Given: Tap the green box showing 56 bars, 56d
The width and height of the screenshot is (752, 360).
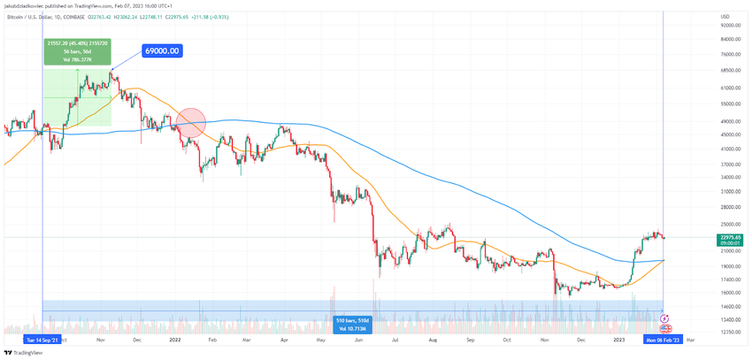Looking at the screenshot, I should [x=77, y=51].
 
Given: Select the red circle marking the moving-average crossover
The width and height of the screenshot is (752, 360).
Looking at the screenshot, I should [x=192, y=122].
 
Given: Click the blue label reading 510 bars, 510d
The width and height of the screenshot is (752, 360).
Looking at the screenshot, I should [x=352, y=324].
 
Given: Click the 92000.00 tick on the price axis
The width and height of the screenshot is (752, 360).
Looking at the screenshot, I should [x=730, y=25].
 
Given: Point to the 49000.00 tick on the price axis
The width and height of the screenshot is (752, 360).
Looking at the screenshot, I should [x=730, y=121].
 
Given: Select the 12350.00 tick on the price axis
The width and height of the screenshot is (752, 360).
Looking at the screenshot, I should [x=730, y=331].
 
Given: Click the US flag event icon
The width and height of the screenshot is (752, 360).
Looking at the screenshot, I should [x=665, y=328].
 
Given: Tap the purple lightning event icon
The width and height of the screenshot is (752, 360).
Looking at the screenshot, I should [x=666, y=318].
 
